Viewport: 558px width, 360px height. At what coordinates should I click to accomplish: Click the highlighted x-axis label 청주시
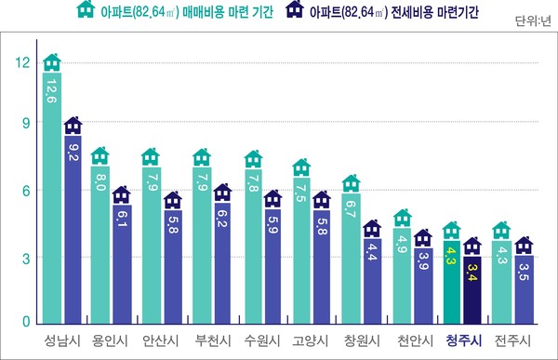point(463,340)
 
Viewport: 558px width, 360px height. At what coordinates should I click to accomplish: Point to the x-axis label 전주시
point(513,340)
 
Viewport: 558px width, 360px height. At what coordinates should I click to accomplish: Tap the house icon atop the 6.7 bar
point(352,181)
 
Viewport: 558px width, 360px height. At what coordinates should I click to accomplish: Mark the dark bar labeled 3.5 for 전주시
point(525,284)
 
